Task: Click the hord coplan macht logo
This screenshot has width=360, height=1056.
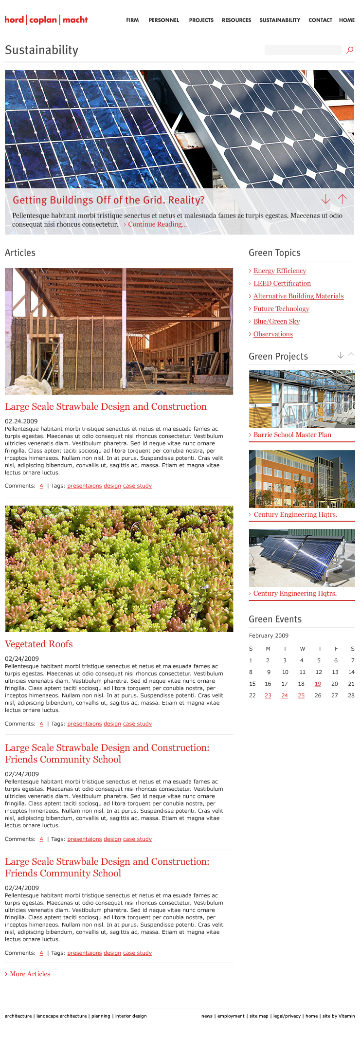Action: (46, 20)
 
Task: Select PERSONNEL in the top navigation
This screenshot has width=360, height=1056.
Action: (164, 20)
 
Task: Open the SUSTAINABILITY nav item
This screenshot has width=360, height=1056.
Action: (280, 20)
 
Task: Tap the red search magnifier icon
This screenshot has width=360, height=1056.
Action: (349, 50)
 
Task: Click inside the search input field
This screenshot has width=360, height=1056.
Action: (303, 50)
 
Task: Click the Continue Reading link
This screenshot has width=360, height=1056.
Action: (157, 224)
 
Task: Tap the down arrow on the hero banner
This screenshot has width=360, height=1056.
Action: (326, 200)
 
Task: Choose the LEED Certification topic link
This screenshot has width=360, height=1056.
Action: (282, 283)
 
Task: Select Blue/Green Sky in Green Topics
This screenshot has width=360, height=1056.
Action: (276, 321)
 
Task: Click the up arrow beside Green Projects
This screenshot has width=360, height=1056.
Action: (351, 356)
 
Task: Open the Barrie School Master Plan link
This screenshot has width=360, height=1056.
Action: (292, 435)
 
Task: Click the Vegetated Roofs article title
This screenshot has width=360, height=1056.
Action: (39, 644)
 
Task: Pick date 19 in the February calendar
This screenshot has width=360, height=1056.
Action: (318, 684)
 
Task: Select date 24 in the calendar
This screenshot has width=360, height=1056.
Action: (285, 695)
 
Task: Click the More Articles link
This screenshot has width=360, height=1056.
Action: (30, 974)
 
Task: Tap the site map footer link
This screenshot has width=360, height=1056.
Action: (259, 1016)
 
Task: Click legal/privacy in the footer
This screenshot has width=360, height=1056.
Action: (287, 1016)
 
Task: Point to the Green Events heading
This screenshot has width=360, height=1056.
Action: (275, 619)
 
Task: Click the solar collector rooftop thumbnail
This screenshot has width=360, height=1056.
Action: (302, 558)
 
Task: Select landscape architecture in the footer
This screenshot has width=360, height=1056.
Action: (61, 1016)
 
